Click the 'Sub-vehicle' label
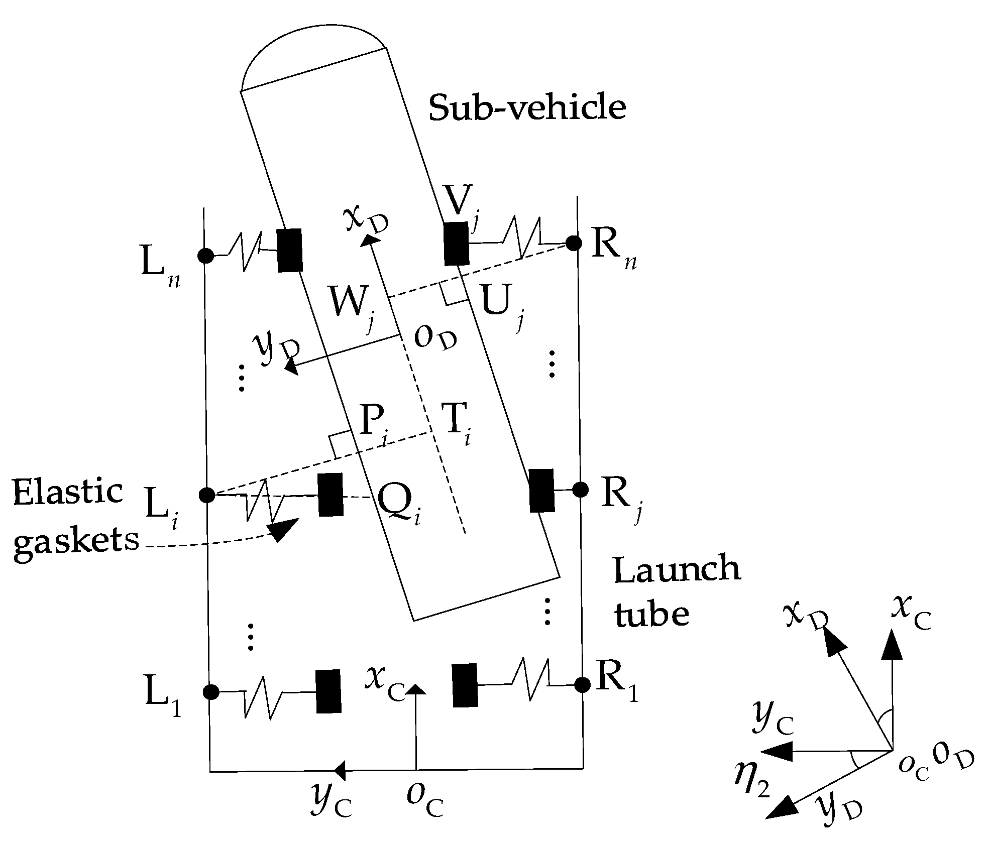pyautogui.click(x=527, y=108)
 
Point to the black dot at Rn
pyautogui.click(x=573, y=244)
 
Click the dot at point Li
pyautogui.click(x=207, y=495)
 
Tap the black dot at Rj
pyautogui.click(x=580, y=489)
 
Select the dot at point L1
pyautogui.click(x=210, y=692)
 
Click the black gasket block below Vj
pyautogui.click(x=456, y=244)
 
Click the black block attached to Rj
pyautogui.click(x=542, y=491)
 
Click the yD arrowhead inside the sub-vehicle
pyautogui.click(x=291, y=368)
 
